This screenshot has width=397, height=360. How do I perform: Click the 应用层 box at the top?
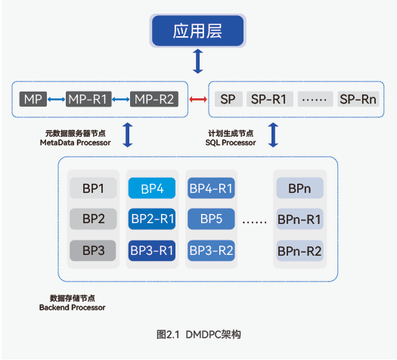[197, 31]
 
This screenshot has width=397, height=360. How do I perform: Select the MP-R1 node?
[88, 99]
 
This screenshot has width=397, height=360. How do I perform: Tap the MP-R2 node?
[154, 99]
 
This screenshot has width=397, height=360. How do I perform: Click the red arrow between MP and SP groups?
[198, 99]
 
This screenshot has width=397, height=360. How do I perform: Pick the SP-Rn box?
[358, 99]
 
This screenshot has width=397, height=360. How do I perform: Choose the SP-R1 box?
[270, 99]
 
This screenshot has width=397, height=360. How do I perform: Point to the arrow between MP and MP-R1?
[56, 99]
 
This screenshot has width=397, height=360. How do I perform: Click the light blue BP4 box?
[152, 188]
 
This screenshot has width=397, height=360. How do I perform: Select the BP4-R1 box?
[211, 188]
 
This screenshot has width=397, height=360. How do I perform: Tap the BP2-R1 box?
[152, 219]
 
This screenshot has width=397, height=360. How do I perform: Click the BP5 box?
[211, 219]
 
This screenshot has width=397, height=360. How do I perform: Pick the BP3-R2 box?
[211, 250]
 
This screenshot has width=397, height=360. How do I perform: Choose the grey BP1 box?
[93, 188]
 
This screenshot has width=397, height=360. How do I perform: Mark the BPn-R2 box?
[299, 250]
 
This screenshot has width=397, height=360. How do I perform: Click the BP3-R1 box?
[152, 250]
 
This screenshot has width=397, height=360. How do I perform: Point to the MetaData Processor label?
[75, 143]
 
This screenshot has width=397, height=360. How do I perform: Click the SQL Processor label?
[231, 143]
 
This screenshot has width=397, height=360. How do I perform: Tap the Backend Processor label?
[72, 308]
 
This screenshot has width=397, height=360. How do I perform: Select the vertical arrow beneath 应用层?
[197, 61]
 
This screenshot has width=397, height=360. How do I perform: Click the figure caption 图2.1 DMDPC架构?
[198, 335]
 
